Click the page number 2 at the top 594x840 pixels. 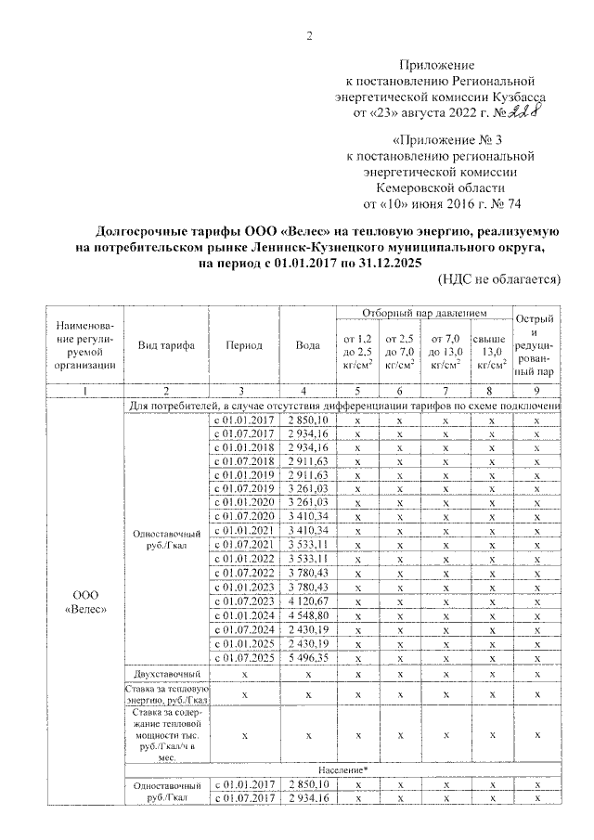pos(308,36)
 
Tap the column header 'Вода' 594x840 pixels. pos(307,345)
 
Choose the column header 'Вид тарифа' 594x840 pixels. pos(166,345)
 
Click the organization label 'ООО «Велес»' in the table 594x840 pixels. pos(85,601)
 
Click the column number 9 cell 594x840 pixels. pos(536,391)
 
